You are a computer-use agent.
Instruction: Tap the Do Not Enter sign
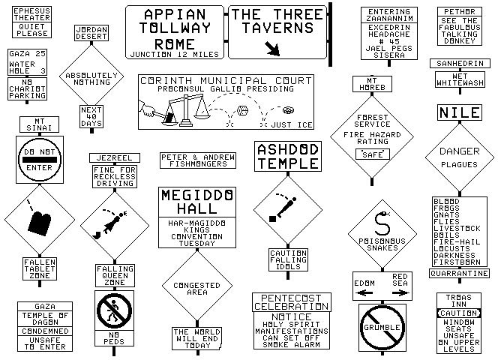(40, 160)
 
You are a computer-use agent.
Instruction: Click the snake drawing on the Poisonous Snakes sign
(382, 221)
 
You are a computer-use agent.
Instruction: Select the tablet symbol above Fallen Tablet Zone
(39, 220)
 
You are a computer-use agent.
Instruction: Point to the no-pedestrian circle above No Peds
(113, 309)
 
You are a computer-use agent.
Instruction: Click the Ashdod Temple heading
(288, 157)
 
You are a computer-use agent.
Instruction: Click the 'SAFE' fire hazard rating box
(372, 154)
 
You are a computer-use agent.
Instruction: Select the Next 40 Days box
(90, 118)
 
